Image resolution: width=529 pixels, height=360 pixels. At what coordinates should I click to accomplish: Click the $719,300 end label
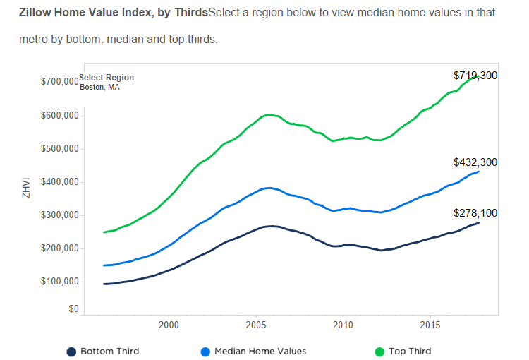pos(475,75)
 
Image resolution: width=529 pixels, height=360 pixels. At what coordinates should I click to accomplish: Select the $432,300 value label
pos(475,162)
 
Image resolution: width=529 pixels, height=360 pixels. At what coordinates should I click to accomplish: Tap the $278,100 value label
pos(475,212)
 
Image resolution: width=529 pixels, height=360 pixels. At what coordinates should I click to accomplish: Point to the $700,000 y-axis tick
pos(60,82)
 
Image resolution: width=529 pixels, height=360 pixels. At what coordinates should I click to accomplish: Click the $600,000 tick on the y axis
pos(60,116)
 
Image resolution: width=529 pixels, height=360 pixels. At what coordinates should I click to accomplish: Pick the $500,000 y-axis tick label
pos(60,149)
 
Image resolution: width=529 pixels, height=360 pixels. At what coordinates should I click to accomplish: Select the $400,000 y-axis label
pos(60,182)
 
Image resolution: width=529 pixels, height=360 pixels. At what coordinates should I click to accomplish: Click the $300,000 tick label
pos(60,215)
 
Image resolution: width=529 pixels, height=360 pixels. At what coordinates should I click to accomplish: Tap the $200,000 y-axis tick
pos(60,248)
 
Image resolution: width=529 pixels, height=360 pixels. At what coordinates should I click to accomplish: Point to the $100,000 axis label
pos(60,282)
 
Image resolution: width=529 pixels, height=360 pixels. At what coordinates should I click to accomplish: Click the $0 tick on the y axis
pos(73,308)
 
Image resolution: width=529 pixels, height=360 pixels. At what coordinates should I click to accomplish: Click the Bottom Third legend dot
pos(71,352)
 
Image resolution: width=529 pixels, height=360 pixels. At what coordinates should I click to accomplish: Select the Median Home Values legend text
pos(260,352)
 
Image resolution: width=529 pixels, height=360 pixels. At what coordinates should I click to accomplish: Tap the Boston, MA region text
pos(99,88)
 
